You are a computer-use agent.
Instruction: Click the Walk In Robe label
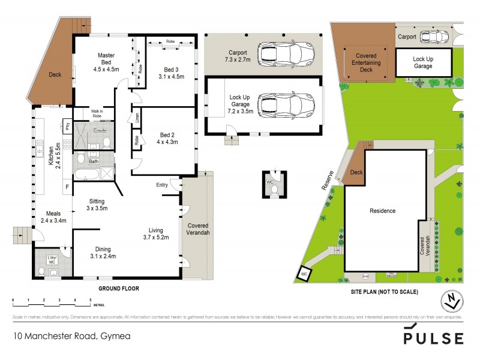tap(85, 113)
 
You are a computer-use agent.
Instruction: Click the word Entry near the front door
tap(162, 185)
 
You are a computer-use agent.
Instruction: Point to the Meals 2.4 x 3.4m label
tap(55, 217)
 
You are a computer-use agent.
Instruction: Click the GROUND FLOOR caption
tap(118, 289)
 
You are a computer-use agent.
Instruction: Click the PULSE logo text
tap(433, 338)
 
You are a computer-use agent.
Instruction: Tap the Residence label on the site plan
tap(382, 211)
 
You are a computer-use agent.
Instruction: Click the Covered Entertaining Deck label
tap(366, 62)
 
